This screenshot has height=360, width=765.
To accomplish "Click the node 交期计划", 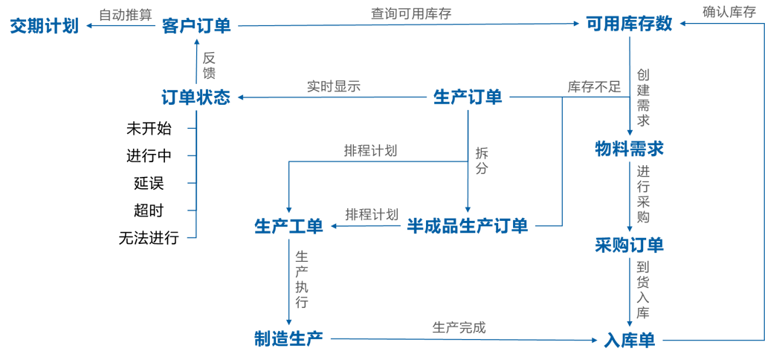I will tap(44, 26).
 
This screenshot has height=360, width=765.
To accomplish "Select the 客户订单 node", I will tap(196, 26).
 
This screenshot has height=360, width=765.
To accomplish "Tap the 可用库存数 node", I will tap(629, 25).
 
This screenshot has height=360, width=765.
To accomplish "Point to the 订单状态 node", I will tap(196, 97).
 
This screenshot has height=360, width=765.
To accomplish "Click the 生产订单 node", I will tap(468, 97).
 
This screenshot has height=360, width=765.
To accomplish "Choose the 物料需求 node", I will tap(629, 148).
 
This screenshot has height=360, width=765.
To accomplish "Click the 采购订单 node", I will tap(629, 244).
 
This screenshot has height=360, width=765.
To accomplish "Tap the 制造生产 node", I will tap(288, 339).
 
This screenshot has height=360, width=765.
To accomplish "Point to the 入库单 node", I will tap(629, 341).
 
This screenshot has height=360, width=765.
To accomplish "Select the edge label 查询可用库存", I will tap(411, 13).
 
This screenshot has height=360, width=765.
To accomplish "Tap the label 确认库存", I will tap(729, 12).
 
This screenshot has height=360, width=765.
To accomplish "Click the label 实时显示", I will tap(334, 86).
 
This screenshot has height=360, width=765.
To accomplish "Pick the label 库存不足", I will tap(594, 86).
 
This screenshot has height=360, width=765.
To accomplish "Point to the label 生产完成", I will tap(459, 327).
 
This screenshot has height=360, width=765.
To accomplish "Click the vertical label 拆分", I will tap(482, 161).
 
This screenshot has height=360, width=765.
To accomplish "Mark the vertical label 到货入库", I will tap(643, 289).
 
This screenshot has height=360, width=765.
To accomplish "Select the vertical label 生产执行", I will tap(302, 280).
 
